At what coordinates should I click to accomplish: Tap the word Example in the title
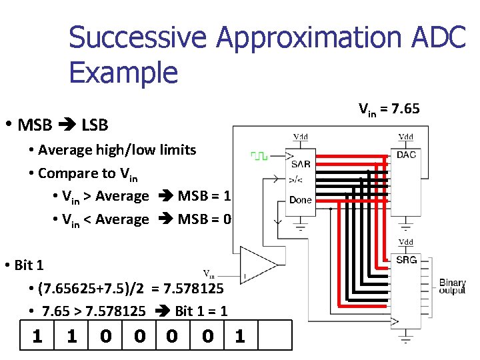coord(123,72)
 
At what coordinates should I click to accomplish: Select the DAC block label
coord(406,155)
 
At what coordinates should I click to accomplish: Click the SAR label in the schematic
coord(300,164)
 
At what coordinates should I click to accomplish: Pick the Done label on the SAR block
coord(300,199)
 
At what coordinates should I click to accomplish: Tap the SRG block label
coord(406,259)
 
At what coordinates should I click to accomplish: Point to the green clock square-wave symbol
coord(259,156)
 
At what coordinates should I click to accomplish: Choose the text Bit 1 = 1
coord(201,311)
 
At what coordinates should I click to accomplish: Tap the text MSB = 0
coord(204,219)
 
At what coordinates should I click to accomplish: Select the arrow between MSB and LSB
coord(67,125)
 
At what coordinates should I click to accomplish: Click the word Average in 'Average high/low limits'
coord(65,149)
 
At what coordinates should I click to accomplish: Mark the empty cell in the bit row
coord(275,335)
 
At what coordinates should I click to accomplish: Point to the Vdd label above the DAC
coord(405,137)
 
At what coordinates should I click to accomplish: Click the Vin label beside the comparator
coord(209,273)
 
